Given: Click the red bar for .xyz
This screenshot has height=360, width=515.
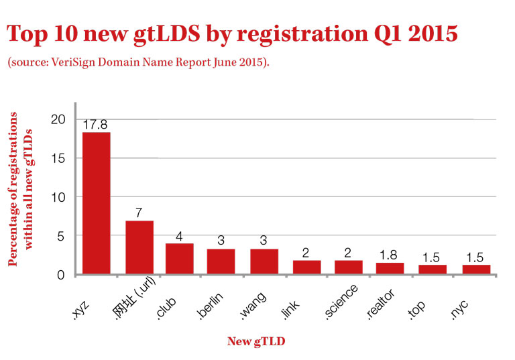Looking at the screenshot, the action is (x=97, y=203).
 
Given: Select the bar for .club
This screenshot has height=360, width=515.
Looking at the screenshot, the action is (x=179, y=259).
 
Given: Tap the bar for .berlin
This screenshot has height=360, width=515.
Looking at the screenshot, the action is (x=221, y=261).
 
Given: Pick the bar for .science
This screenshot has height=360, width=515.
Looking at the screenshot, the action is (x=349, y=267).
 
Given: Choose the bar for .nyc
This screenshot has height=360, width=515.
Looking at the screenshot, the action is (x=476, y=269).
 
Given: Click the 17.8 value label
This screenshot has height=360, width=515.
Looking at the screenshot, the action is (x=95, y=125).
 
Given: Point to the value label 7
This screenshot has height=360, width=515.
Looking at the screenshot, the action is (x=139, y=213).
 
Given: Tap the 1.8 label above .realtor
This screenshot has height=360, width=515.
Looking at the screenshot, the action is (x=388, y=255).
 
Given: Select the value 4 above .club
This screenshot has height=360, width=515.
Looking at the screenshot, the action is (x=179, y=236).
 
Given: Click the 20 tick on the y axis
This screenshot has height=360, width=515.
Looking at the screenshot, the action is (x=58, y=119).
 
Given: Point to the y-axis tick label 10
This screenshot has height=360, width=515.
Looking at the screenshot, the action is (x=58, y=197).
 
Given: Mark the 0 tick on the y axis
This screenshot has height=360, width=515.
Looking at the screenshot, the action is (x=61, y=275).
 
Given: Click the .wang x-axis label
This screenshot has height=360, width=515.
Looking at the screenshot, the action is (x=253, y=306).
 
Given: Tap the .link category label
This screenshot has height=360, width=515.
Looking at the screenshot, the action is (x=290, y=310).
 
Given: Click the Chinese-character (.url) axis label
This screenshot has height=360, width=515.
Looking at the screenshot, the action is (x=135, y=298).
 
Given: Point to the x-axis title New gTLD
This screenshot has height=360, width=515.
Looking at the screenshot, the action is (x=256, y=341).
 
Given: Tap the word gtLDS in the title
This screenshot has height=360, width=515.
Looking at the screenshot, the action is (x=167, y=34).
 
